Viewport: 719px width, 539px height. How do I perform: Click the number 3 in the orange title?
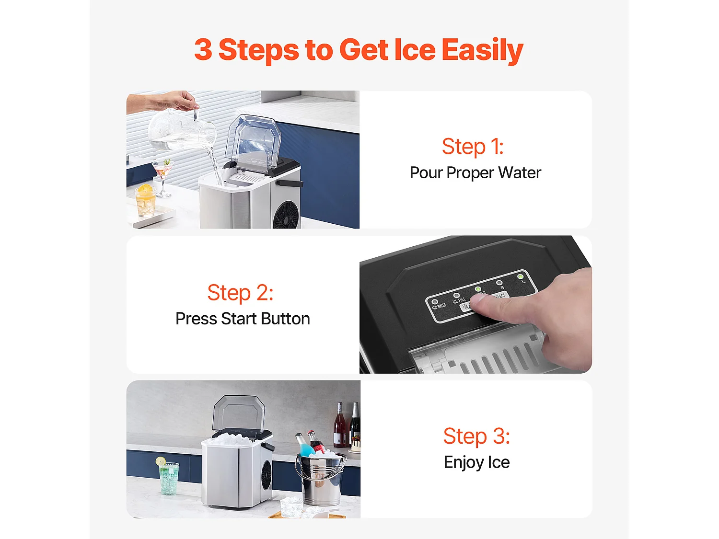coord(203,50)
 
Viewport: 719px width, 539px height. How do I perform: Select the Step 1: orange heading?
coord(473,147)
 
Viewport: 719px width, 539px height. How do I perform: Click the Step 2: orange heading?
coord(240,293)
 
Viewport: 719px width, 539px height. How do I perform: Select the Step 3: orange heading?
coord(476,436)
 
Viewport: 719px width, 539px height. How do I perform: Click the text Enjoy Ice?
coord(476,462)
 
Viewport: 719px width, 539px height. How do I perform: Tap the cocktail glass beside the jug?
coord(162,172)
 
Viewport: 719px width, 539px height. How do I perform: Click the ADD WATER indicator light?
coord(435,302)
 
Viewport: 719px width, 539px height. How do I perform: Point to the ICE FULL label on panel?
coord(459,300)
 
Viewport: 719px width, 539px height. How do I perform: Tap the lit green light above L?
coord(521,277)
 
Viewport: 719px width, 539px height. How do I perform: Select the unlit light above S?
coord(499,283)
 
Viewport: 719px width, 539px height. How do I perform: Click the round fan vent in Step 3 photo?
coord(266,475)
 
